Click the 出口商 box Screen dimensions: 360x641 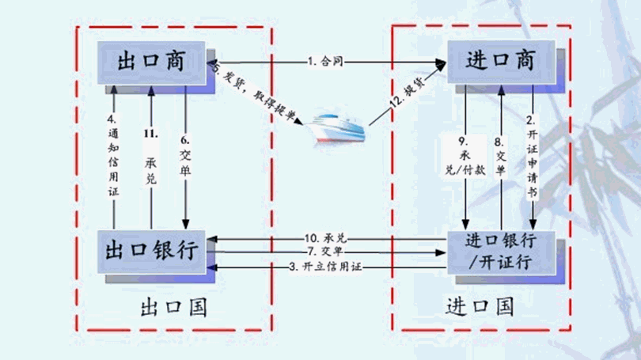tap(151, 62)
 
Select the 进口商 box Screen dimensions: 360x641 tap(500, 61)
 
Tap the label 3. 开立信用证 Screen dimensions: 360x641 tap(324, 267)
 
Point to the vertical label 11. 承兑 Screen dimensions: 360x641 tap(150, 158)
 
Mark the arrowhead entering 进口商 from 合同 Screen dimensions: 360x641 tap(440, 62)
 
